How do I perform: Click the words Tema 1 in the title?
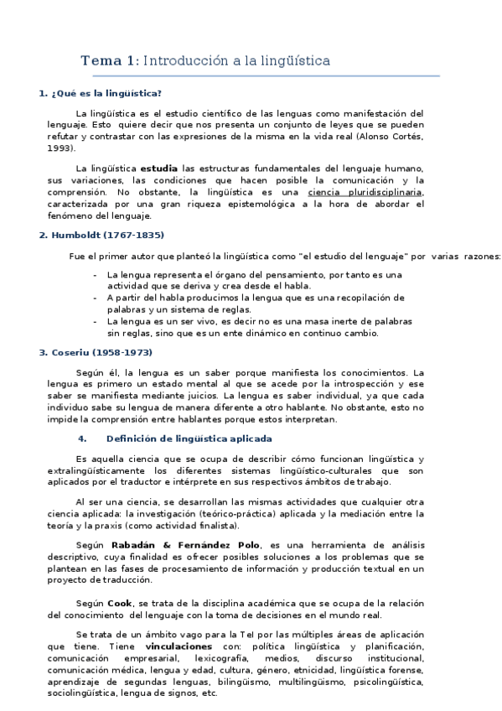pos(110,60)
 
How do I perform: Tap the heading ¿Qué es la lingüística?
pos(105,93)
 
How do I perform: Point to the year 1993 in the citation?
pos(60,148)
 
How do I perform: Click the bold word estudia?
pos(158,168)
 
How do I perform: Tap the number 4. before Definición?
pos(82,439)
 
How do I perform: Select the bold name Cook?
pos(119,604)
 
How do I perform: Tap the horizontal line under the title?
pos(260,76)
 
